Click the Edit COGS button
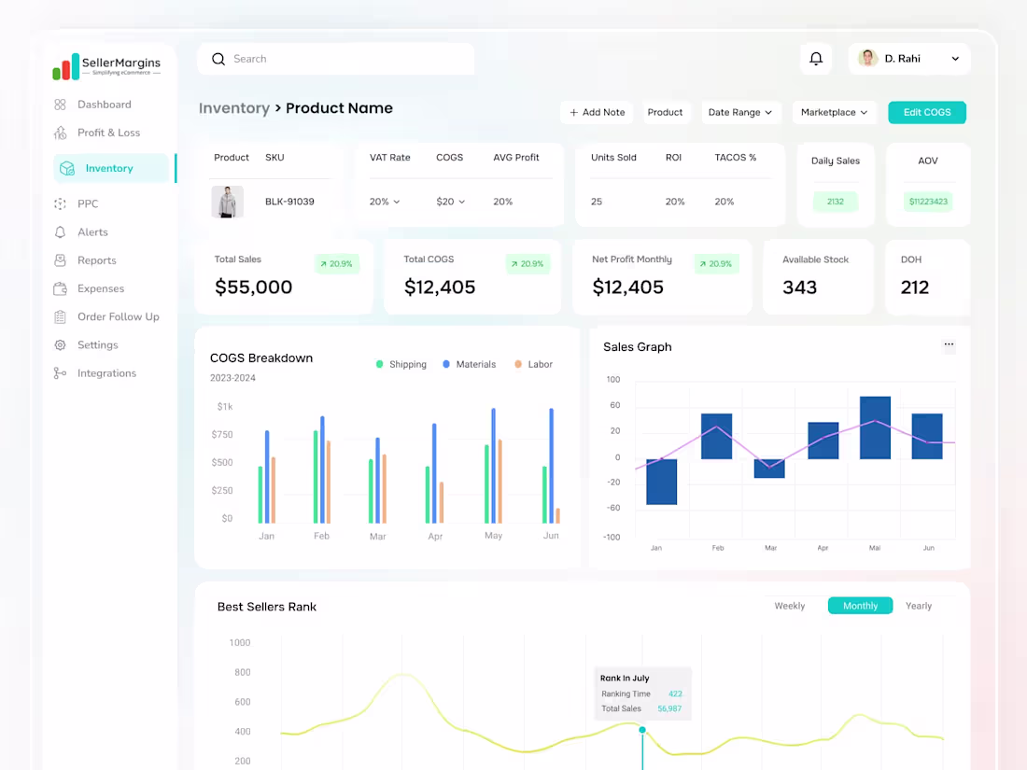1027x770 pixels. (x=926, y=112)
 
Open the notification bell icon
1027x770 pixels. (x=816, y=59)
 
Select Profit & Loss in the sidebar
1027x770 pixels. (x=108, y=133)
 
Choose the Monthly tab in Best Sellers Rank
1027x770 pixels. (x=860, y=606)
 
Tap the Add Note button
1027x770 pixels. (x=597, y=112)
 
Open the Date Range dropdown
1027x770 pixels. (x=739, y=112)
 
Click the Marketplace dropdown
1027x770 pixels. (x=834, y=112)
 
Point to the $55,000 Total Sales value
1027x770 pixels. (x=254, y=287)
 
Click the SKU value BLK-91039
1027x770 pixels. (x=289, y=202)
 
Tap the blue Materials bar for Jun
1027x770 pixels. (x=551, y=465)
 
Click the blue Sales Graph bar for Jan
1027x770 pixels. (x=661, y=482)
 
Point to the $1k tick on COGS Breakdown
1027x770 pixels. (x=225, y=407)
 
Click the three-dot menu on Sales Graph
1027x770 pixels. (x=949, y=344)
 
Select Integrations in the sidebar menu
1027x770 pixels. (x=106, y=373)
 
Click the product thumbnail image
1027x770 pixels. (x=227, y=202)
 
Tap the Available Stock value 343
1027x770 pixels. (x=800, y=287)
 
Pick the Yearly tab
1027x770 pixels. (x=919, y=606)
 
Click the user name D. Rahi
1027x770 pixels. (x=902, y=59)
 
